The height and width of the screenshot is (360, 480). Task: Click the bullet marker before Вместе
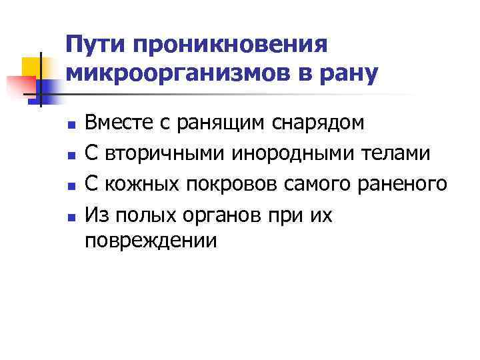(x=68, y=124)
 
